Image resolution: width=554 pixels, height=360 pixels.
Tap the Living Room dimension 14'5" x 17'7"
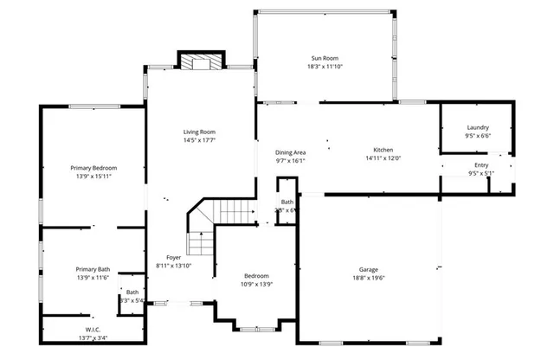pos(199,140)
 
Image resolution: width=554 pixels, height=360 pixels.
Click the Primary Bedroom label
pos(93,167)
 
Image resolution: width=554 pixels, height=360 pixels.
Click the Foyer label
pos(173,258)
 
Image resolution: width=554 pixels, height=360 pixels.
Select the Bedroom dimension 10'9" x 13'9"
pos(255,284)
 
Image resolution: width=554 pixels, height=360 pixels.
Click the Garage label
pos(369,269)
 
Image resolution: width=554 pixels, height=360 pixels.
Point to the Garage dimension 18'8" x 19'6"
pos(369,278)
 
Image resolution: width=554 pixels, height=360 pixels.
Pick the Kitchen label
pos(383,150)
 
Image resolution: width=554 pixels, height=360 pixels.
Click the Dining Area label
pos(291,151)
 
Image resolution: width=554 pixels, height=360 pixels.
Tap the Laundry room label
pos(477,127)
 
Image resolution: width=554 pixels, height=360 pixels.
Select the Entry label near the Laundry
pos(480,164)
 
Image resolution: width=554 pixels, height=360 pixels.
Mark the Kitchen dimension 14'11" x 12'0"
pos(383,158)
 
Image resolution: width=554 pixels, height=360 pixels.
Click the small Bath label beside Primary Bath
pos(132,292)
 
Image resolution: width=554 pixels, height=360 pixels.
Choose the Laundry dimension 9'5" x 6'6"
pos(477,136)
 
